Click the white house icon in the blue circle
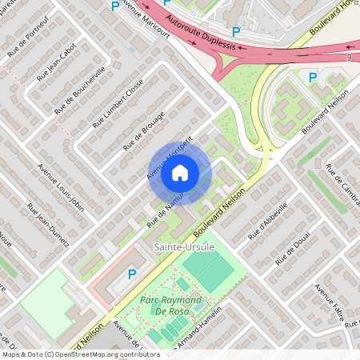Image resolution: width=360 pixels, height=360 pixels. click(x=180, y=173)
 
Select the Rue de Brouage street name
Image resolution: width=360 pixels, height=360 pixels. click(x=144, y=131)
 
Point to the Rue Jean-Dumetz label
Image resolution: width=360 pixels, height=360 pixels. click(x=48, y=222)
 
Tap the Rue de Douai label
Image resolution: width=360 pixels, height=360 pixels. click(x=292, y=250)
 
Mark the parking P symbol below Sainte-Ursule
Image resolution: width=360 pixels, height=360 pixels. click(x=133, y=274)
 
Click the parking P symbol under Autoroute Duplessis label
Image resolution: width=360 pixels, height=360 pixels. click(x=235, y=31)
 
